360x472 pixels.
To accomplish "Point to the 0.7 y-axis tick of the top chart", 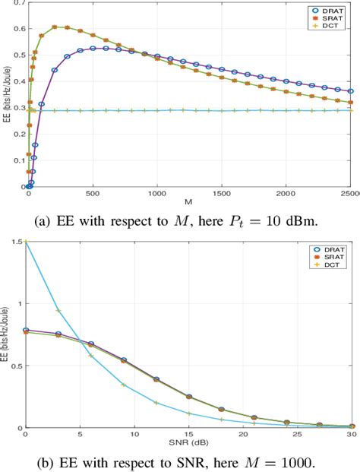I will (x=17, y=4).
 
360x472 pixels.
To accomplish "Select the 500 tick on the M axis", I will (x=93, y=195).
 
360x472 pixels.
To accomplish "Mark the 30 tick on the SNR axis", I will (x=351, y=435).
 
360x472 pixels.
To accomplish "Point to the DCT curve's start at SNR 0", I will (x=27, y=242).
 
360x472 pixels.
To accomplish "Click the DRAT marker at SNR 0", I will (x=27, y=330).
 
